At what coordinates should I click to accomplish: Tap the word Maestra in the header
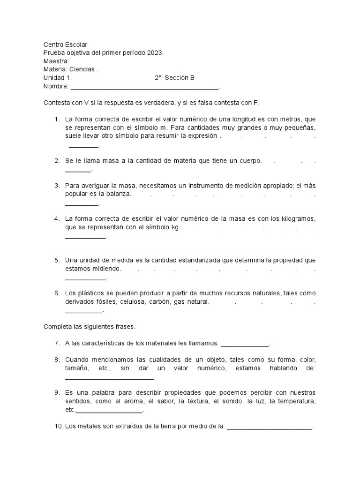coord(55,61)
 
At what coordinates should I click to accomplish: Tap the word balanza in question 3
coord(120,194)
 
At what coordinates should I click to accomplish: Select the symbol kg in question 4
coord(176,227)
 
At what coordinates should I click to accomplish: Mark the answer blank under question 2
coord(78,170)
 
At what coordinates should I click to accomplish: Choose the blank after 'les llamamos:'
coord(245,344)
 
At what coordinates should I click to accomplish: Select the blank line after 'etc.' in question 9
coord(109,411)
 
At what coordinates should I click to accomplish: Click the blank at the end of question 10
coord(270,427)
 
